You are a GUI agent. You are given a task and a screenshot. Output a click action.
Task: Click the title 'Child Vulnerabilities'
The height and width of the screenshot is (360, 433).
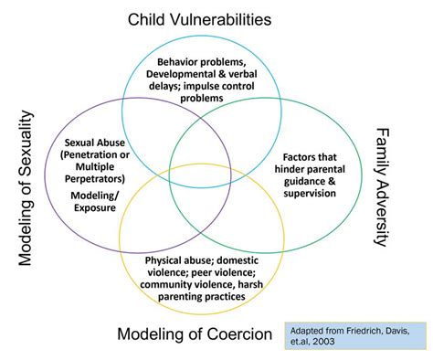[x=212, y=18]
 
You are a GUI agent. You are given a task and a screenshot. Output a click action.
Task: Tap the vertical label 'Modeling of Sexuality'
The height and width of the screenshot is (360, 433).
[x=26, y=187]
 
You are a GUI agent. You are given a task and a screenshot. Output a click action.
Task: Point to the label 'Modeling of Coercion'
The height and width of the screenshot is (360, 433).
[x=195, y=334]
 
